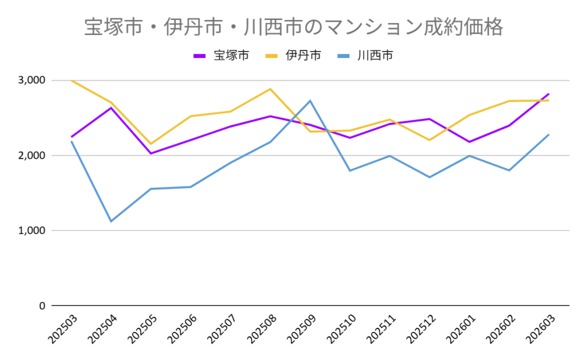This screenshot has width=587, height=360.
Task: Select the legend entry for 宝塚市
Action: click(221, 56)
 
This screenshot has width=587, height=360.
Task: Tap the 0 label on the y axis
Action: click(41, 306)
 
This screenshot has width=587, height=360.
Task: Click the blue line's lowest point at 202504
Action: click(111, 221)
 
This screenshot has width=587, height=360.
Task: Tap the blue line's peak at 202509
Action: click(310, 101)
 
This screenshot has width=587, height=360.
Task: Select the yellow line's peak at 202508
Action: click(270, 89)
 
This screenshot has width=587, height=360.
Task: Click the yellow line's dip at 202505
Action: click(151, 144)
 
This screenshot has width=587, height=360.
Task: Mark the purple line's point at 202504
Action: click(111, 108)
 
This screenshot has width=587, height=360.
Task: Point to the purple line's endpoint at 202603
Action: click(549, 94)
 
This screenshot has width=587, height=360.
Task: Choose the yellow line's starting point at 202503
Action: click(71, 80)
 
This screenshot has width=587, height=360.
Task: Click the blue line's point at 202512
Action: click(429, 177)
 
